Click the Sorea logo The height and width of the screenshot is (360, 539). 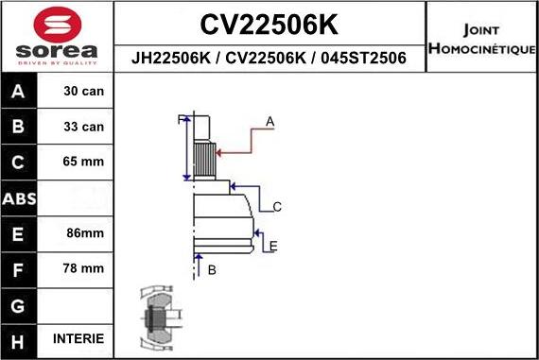(57, 37)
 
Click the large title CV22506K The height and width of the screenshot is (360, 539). (269, 23)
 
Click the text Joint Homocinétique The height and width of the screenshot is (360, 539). (482, 38)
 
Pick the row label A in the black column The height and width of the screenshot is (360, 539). (19, 93)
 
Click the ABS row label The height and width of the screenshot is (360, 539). (19, 198)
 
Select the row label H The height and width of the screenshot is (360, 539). (19, 339)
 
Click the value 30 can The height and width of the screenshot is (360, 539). (83, 92)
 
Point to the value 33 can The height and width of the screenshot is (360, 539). (83, 127)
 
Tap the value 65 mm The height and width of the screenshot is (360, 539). (83, 162)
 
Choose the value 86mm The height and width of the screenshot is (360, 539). (83, 232)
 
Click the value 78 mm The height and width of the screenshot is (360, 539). (83, 268)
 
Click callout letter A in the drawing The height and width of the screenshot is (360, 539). (269, 122)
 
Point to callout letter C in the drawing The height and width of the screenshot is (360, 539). (277, 207)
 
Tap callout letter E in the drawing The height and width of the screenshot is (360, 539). (273, 247)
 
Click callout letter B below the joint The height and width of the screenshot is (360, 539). (212, 270)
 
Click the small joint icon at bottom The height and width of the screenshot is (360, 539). (157, 317)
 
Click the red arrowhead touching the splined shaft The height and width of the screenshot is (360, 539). (219, 151)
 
